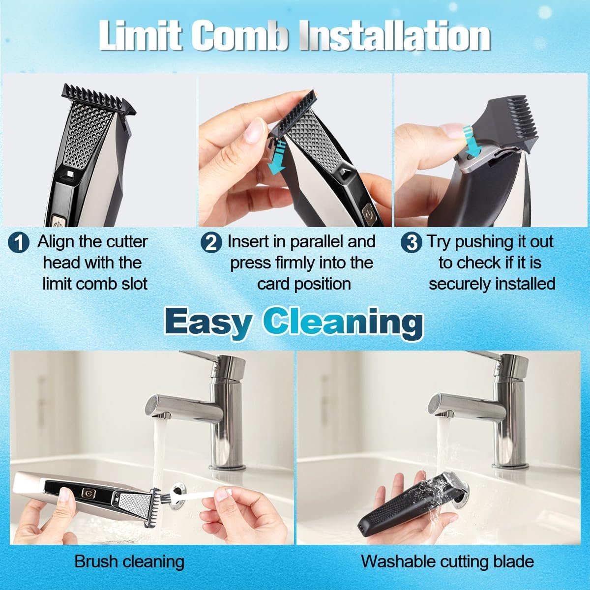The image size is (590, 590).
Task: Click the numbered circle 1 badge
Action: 19,243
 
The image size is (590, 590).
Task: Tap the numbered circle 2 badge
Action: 211,243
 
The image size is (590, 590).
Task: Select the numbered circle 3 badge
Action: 412,243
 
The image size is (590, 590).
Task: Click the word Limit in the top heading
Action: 141,36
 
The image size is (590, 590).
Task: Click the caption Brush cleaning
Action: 129,561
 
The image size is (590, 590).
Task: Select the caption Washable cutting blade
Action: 447,561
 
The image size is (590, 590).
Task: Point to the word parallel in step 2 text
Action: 320,242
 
